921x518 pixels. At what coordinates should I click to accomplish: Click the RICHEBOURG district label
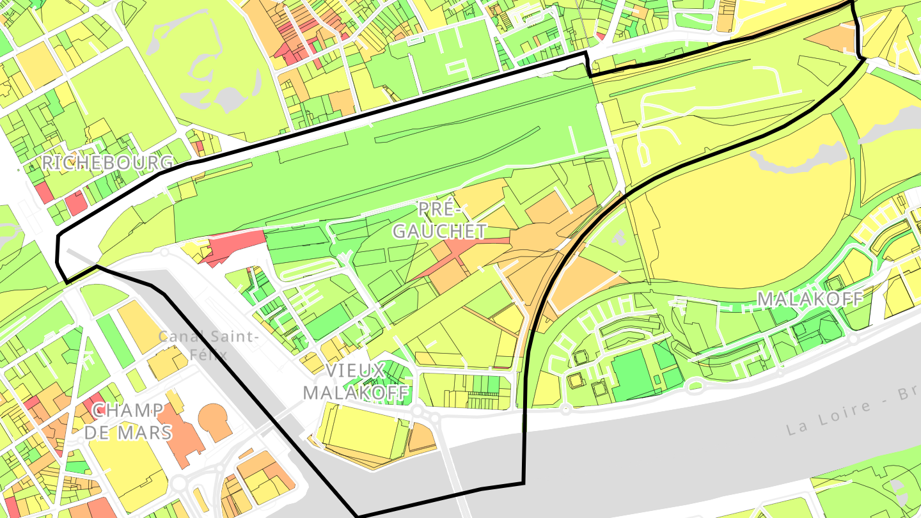point(107,162)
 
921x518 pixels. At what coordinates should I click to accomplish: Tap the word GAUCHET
point(439,231)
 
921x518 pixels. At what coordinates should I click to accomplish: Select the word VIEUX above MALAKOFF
point(354,370)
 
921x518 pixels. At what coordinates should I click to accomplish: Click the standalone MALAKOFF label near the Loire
point(810,299)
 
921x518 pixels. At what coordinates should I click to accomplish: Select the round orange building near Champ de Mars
point(216,421)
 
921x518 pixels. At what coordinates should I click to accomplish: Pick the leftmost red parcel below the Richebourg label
point(43,191)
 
